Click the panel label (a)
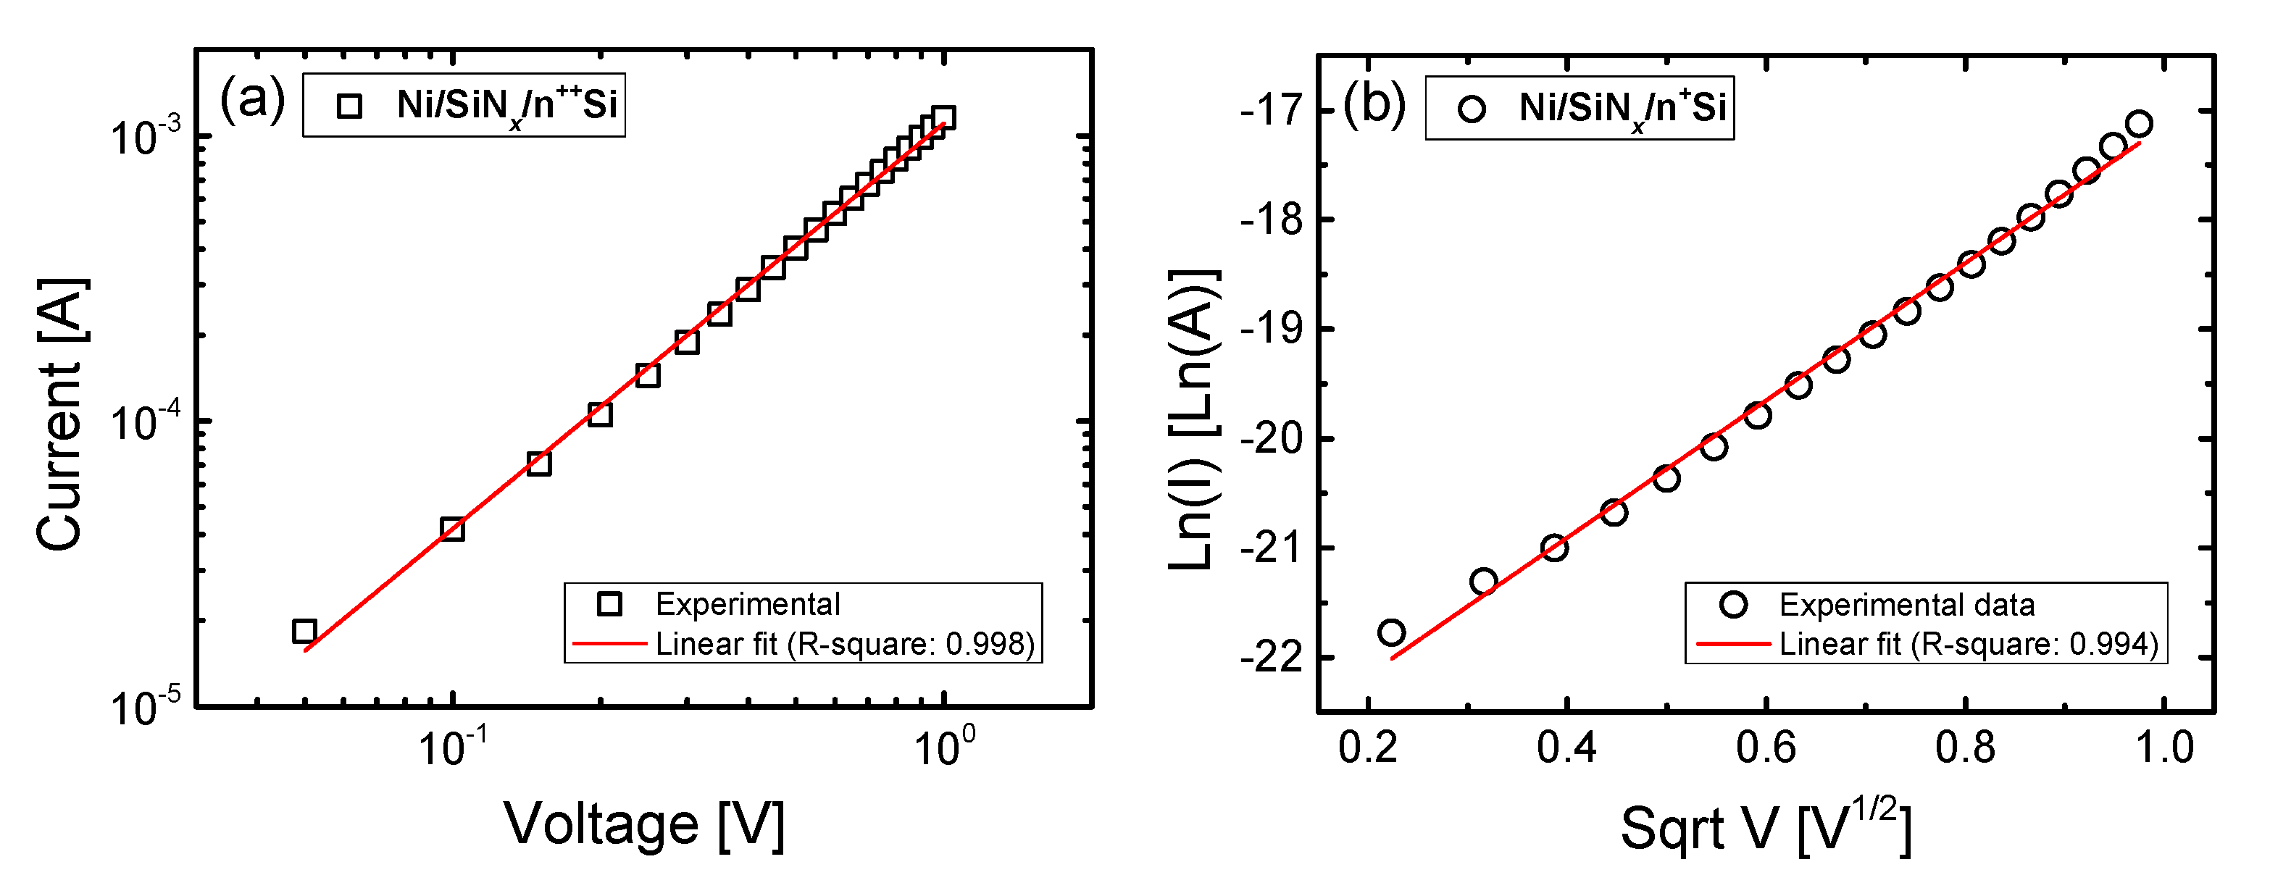click(x=253, y=99)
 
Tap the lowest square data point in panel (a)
click(x=304, y=631)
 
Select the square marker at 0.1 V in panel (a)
click(x=452, y=529)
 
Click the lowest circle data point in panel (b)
click(x=1391, y=632)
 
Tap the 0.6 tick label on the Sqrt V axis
click(x=1765, y=748)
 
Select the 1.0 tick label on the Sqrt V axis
click(x=2164, y=748)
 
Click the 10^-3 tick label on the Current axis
click(x=146, y=137)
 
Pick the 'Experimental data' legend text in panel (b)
click(x=1907, y=605)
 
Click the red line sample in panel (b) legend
click(x=1732, y=644)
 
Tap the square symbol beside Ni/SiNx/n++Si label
click(x=350, y=106)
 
